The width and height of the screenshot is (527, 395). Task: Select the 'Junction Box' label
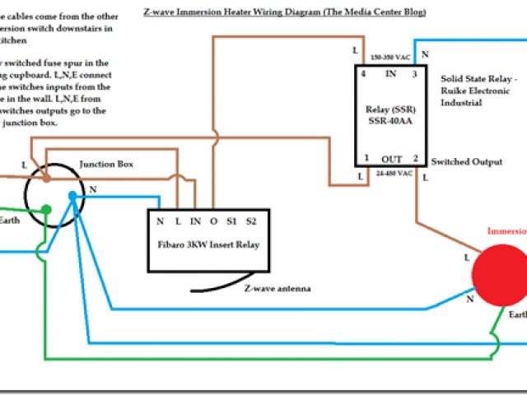106,164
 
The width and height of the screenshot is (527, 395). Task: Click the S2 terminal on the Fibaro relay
251,221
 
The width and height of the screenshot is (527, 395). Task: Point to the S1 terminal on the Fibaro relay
231,221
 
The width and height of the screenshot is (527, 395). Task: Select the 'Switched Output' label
466,162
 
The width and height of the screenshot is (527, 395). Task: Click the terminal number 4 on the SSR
363,74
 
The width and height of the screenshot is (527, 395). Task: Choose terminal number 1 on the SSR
366,157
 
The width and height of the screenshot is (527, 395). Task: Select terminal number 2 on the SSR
416,157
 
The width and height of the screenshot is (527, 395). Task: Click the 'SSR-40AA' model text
391,123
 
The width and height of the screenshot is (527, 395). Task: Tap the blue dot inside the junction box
73,197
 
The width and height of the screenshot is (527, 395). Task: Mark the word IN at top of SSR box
390,74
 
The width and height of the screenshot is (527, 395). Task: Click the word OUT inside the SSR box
391,158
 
